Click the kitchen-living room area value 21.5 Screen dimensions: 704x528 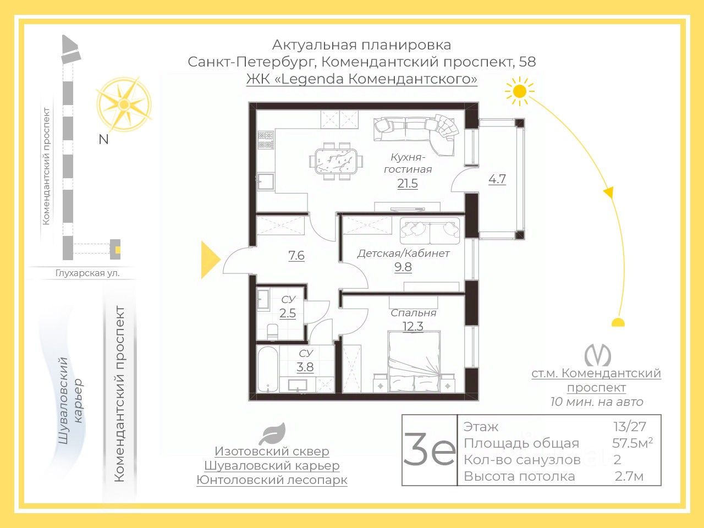[408, 184]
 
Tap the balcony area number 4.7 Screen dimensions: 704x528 [497, 179]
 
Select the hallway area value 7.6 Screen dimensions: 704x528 [296, 256]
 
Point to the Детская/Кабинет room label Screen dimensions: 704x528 [403, 254]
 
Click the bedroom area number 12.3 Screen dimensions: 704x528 [413, 326]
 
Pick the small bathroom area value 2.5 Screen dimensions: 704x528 [288, 313]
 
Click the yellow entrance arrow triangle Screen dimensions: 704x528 [210, 259]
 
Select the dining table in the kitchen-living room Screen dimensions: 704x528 [336, 161]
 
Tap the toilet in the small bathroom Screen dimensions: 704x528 [272, 331]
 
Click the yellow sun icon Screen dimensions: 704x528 [519, 91]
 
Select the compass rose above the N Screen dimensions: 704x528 [124, 105]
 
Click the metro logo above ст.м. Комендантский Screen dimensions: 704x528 [597, 355]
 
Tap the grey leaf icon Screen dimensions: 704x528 [272, 434]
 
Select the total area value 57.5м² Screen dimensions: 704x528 [632, 443]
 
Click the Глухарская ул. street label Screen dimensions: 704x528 [87, 273]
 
